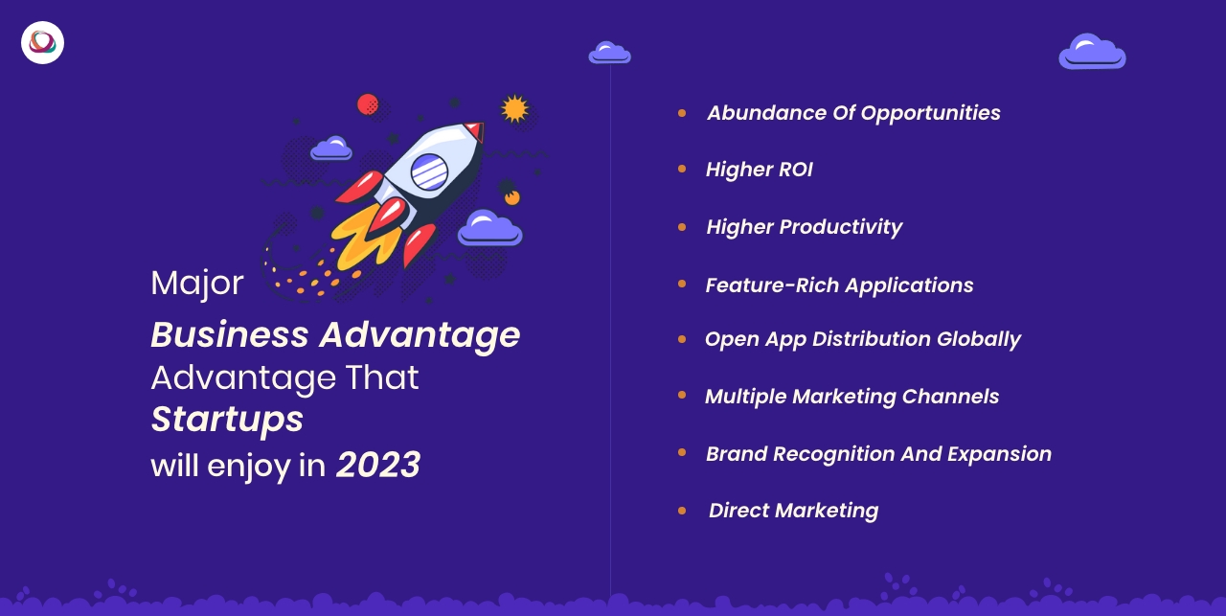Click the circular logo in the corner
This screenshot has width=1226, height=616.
tap(42, 42)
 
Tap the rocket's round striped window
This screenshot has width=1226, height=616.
tap(430, 171)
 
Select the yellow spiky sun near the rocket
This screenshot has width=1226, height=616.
tap(514, 109)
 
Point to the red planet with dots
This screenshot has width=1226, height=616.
tap(368, 103)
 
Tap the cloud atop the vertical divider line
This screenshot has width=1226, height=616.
tap(609, 53)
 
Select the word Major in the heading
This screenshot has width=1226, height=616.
tap(197, 283)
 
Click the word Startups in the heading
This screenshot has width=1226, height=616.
tap(227, 419)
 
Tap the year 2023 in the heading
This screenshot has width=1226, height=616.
tap(377, 465)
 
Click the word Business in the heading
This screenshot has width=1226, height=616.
tap(229, 334)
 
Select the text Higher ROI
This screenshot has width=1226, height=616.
tap(759, 170)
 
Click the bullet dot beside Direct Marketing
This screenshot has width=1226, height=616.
tap(682, 511)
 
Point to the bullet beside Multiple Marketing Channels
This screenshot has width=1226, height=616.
tap(682, 395)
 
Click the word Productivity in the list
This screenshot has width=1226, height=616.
tap(840, 227)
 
